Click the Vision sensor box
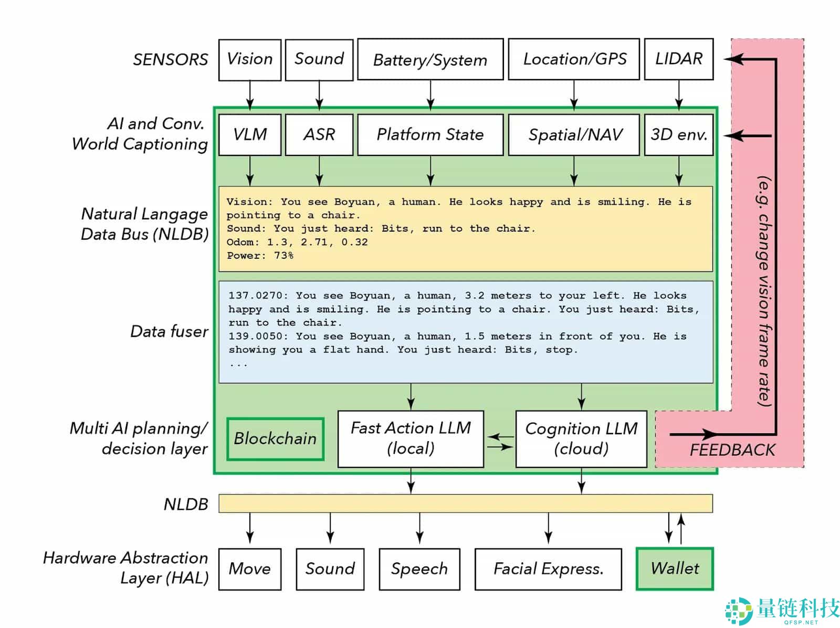[x=250, y=59]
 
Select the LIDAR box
[x=678, y=59]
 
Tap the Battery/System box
[x=430, y=59]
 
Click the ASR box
[x=319, y=134]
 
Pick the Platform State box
[x=430, y=134]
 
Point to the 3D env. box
[x=678, y=134]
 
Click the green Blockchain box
[x=275, y=438]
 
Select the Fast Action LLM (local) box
[x=411, y=438]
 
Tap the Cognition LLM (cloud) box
[x=581, y=438]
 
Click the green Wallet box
[x=675, y=569]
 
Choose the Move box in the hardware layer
[x=250, y=569]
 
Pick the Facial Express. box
[x=548, y=569]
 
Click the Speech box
[x=419, y=569]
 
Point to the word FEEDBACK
[x=732, y=450]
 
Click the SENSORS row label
[x=170, y=60]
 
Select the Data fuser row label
[x=169, y=331]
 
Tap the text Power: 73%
[x=260, y=256]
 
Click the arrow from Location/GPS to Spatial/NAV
[x=574, y=96]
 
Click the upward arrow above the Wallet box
[x=681, y=529]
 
